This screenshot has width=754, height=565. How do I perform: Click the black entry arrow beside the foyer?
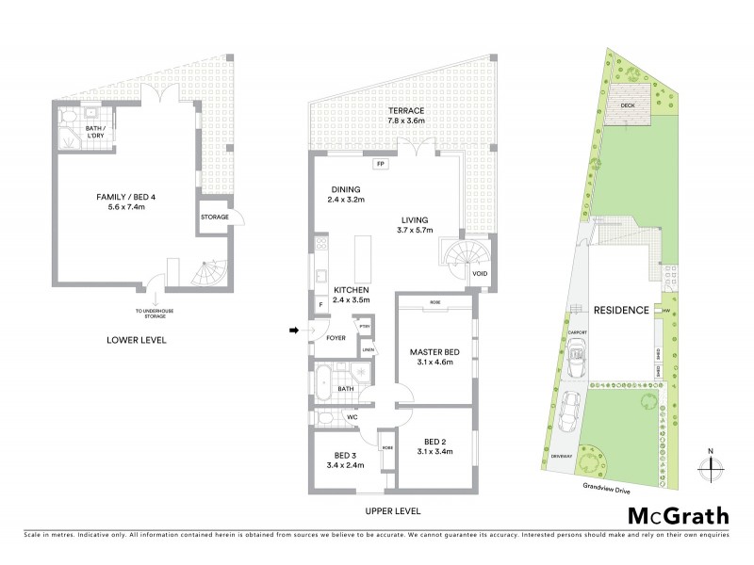(295, 331)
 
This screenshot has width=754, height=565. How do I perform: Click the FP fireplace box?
(381, 165)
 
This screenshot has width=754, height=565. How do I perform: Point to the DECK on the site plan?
(628, 105)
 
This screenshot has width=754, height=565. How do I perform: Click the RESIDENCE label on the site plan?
(621, 310)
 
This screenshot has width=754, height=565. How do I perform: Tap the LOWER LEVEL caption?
(137, 339)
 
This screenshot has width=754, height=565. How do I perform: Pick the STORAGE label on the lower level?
(214, 217)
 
